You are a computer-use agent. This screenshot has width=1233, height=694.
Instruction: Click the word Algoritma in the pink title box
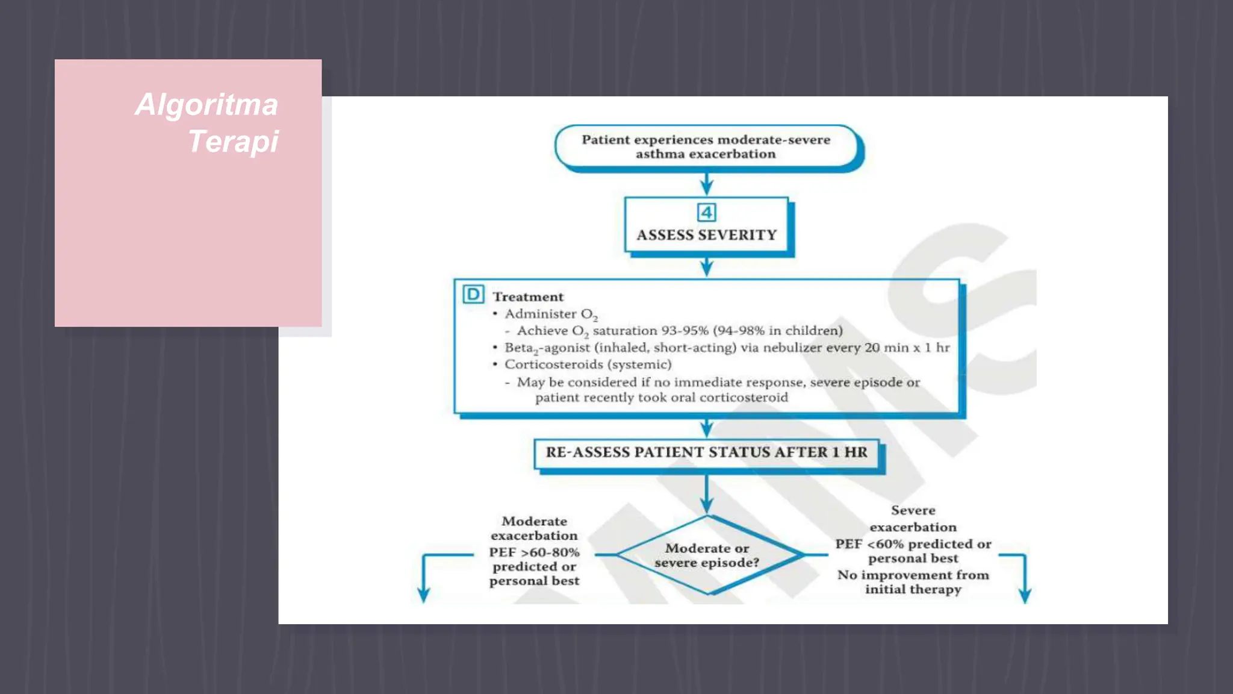[207, 105]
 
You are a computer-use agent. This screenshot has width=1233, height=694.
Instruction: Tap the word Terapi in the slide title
[233, 142]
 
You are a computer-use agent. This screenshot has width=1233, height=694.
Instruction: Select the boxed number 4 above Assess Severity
[706, 213]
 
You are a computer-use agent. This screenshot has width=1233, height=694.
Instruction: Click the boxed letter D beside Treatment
[473, 295]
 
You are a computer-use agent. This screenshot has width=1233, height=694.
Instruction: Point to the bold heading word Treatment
[528, 297]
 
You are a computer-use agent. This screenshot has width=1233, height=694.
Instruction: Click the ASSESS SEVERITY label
[707, 235]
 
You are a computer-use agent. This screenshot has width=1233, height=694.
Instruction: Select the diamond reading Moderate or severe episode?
[707, 555]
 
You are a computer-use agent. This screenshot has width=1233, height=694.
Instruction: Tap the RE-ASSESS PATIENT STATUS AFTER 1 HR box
[707, 453]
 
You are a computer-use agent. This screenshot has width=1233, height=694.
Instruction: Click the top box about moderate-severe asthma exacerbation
[706, 146]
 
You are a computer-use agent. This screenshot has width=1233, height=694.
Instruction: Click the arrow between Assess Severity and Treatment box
[707, 266]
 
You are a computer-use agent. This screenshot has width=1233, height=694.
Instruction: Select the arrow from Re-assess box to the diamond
[707, 493]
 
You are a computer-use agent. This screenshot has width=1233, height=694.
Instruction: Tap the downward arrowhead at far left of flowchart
[424, 595]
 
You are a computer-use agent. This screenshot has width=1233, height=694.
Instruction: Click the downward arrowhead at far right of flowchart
[1025, 595]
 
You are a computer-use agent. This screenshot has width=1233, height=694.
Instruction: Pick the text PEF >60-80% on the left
[534, 552]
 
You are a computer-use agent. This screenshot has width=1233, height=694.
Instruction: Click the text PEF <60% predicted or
[913, 544]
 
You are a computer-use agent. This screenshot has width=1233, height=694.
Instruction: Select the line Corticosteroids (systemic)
[588, 364]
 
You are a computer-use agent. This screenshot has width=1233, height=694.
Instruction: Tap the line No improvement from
[913, 575]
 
